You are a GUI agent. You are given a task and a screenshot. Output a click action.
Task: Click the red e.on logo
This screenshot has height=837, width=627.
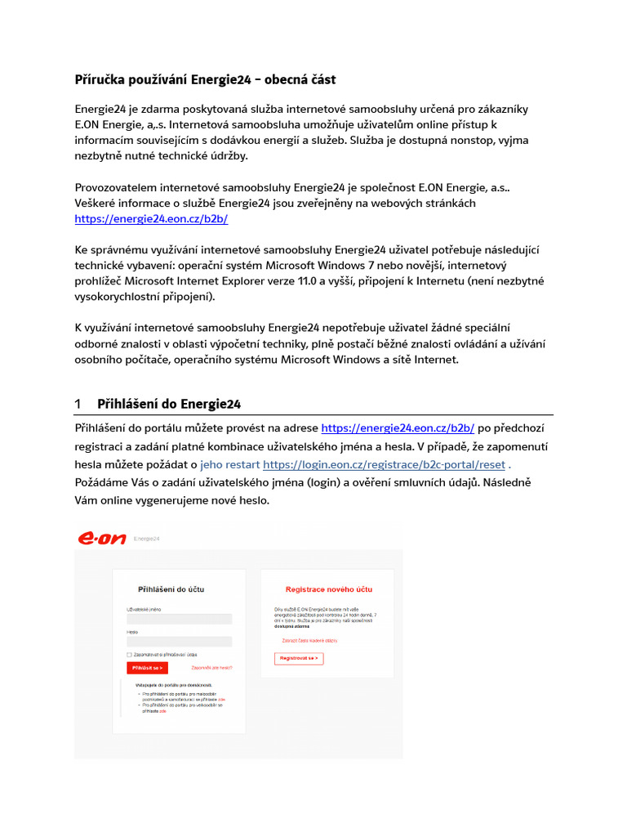[x=101, y=539]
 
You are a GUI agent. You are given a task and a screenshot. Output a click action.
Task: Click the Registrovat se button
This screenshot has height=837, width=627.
[x=299, y=658]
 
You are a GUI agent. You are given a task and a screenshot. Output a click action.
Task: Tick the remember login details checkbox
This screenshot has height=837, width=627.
[x=129, y=655]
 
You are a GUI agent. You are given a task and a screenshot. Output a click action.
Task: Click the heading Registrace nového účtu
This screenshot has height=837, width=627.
[x=329, y=589]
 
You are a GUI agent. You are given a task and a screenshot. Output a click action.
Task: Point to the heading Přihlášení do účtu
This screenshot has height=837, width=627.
[x=171, y=589]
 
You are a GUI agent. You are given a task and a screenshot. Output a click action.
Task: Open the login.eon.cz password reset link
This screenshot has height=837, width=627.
[x=385, y=464]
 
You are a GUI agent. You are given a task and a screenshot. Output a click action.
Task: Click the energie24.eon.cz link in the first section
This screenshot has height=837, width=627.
[x=151, y=218]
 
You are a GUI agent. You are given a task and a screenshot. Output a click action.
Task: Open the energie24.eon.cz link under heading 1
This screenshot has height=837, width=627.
[x=398, y=427]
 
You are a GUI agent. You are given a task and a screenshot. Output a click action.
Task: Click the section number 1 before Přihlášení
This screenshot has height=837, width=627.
[x=78, y=404]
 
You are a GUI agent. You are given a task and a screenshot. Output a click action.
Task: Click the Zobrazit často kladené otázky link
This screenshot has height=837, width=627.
[x=309, y=641]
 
